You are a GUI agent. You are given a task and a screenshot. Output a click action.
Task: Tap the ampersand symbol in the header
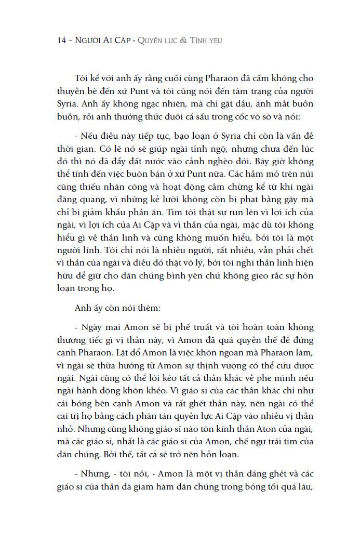pos(182,41)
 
